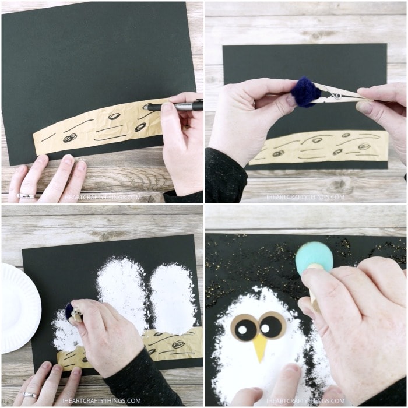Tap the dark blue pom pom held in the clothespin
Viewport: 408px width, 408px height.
click(303, 92)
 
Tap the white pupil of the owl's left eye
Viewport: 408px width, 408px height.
click(242, 330)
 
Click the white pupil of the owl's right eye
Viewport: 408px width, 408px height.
click(265, 329)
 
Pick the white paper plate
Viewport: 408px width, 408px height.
click(19, 308)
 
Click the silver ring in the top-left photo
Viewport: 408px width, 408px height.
click(26, 196)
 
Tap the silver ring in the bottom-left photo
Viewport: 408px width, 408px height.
click(30, 395)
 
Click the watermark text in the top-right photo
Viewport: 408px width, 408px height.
click(305, 197)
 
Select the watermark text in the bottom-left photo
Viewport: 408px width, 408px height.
click(101, 401)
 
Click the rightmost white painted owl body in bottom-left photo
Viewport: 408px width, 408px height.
click(173, 299)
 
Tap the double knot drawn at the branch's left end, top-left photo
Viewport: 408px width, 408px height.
click(70, 138)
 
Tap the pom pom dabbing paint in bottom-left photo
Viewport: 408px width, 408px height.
click(69, 311)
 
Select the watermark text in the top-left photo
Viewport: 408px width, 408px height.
click(101, 197)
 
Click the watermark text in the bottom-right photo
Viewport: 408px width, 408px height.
click(305, 401)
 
